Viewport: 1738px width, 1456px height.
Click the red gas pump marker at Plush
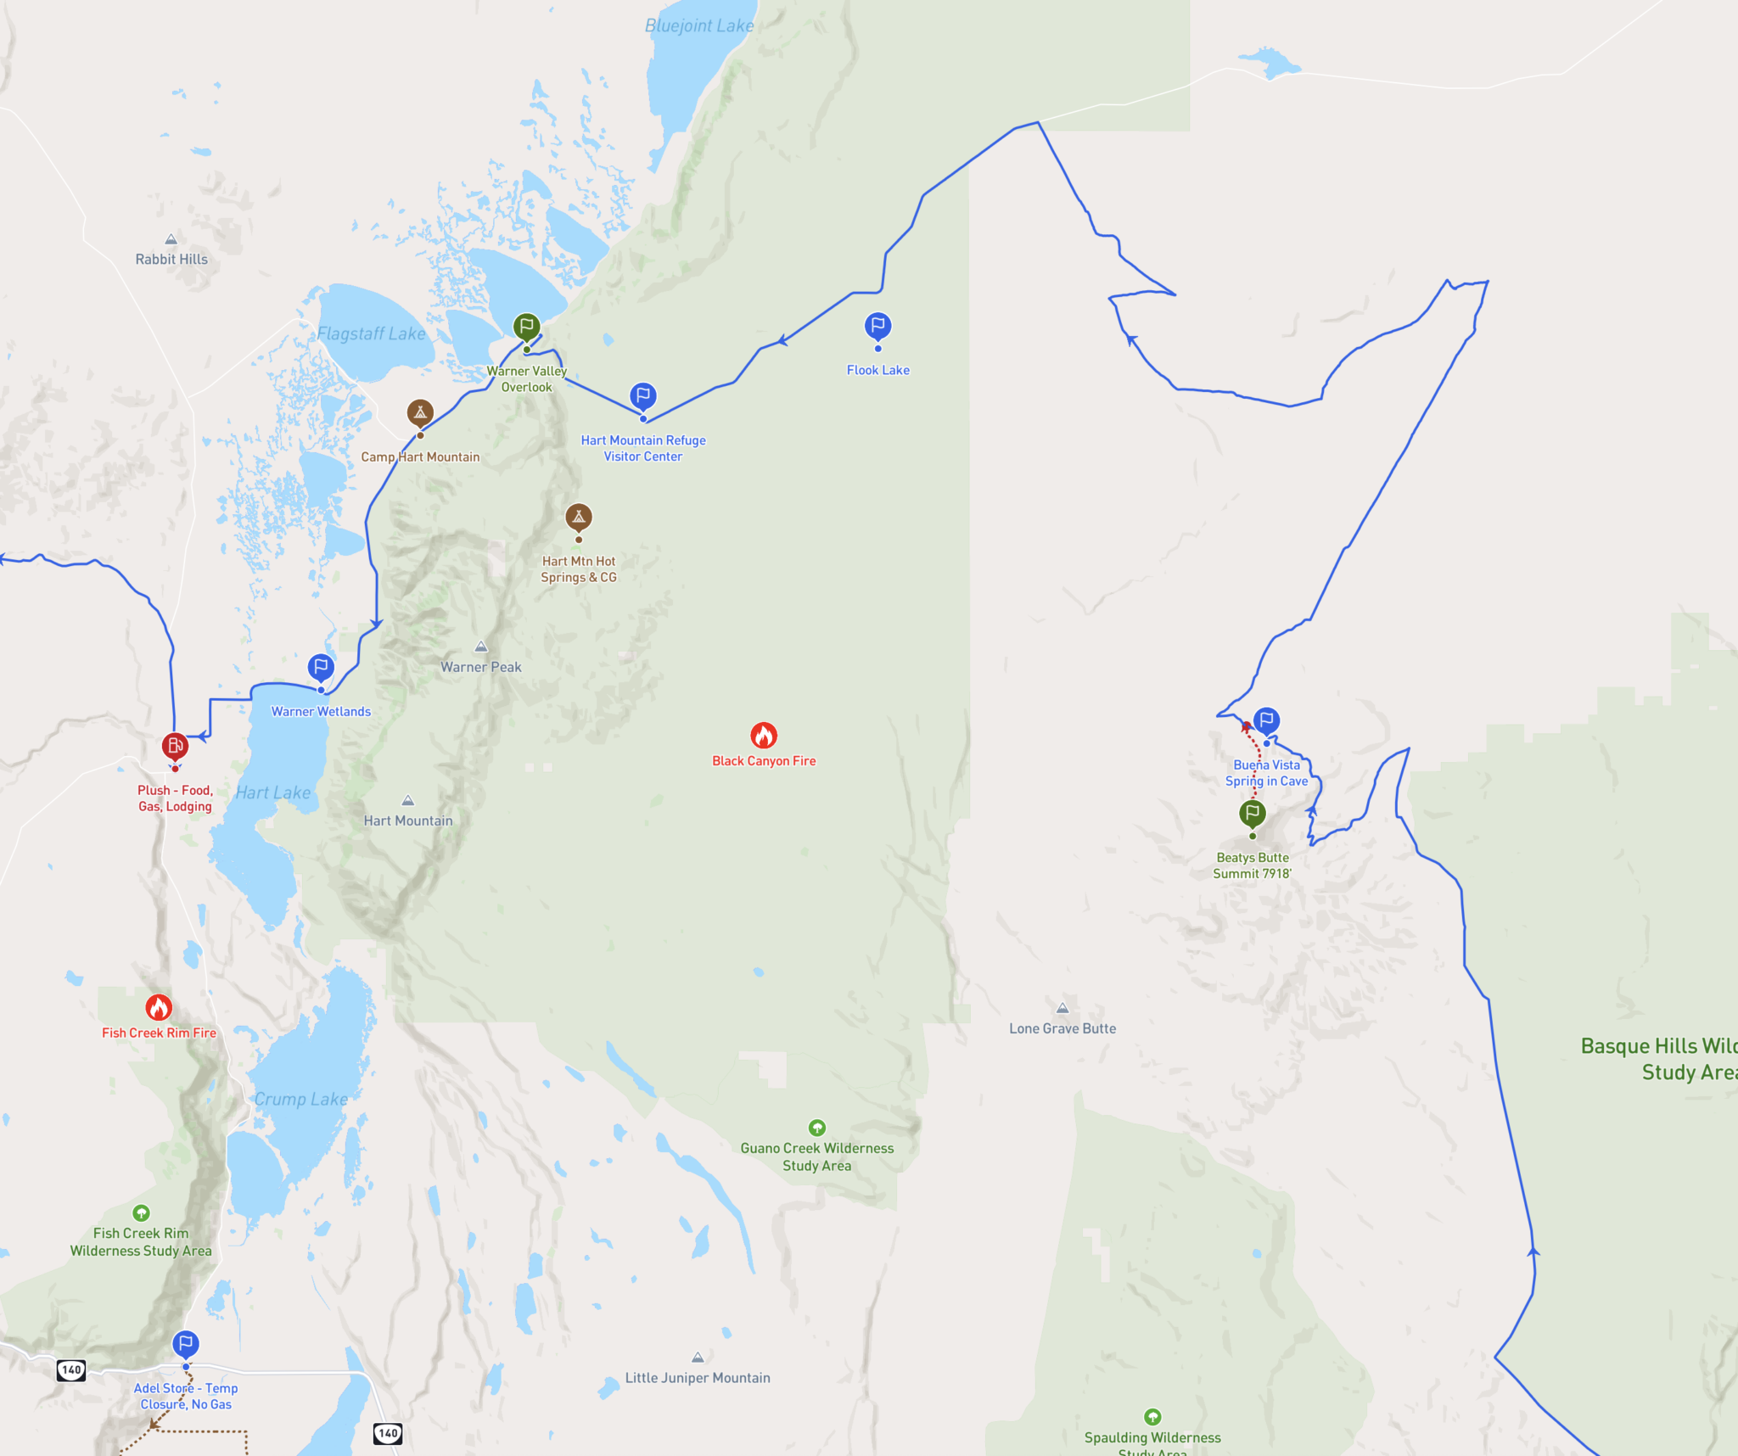175,746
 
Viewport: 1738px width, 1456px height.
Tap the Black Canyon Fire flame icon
764,735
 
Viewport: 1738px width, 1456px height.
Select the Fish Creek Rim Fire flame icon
159,1007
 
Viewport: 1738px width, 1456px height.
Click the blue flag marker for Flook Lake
877,326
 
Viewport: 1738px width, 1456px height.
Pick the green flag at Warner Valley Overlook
526,327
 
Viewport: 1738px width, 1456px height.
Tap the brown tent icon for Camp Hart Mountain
420,412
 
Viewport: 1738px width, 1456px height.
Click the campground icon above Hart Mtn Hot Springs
579,517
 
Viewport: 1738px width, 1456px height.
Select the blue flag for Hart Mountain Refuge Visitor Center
643,396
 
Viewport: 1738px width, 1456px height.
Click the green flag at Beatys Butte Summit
1253,814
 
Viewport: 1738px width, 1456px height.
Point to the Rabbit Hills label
171,260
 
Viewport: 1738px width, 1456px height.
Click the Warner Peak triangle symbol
481,647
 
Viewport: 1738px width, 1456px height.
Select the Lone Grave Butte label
1062,1028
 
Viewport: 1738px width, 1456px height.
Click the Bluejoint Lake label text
699,26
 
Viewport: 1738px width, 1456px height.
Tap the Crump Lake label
301,1100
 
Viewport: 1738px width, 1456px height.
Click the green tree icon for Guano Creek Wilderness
817,1128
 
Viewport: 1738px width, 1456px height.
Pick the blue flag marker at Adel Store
186,1344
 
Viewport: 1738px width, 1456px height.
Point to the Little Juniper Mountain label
698,1378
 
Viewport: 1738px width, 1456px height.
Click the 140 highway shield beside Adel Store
71,1369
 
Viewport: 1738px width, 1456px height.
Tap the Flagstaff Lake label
371,334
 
